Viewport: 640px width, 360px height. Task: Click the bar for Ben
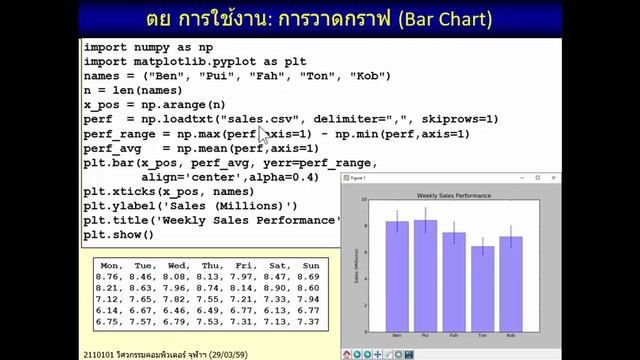click(397, 275)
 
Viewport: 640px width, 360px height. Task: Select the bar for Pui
click(425, 275)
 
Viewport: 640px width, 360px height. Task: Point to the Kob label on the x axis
click(511, 334)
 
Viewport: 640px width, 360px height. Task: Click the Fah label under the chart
click(454, 334)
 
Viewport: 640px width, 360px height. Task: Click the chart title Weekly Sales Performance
click(453, 195)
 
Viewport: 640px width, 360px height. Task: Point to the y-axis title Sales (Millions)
click(356, 265)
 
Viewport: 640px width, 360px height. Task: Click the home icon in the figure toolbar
click(347, 354)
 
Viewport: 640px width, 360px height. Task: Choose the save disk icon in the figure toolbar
click(408, 354)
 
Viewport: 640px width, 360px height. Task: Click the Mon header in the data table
click(111, 265)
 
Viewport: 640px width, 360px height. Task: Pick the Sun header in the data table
click(309, 265)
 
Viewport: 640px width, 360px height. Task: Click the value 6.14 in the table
click(107, 310)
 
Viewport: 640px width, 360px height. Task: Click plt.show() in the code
click(118, 234)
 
